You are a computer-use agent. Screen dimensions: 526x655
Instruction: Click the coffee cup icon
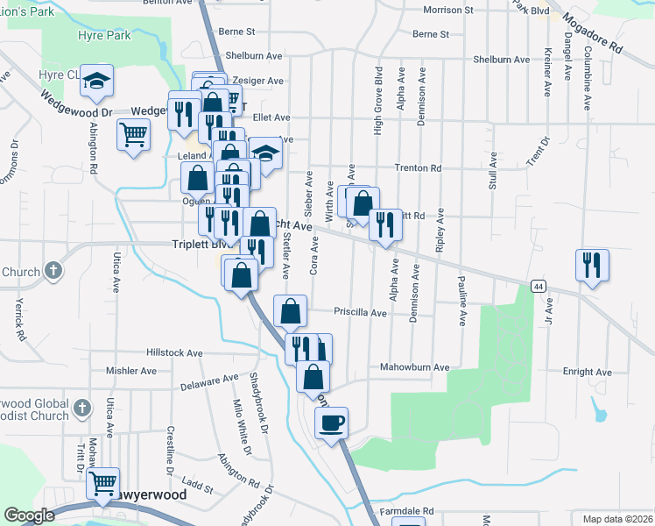coord(331,423)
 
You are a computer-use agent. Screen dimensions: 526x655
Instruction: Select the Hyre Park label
coord(103,35)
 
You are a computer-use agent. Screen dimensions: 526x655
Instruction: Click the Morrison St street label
coord(447,10)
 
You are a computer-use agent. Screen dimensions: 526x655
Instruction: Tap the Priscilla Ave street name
coord(359,312)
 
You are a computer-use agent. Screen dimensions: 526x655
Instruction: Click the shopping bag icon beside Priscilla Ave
coord(290,310)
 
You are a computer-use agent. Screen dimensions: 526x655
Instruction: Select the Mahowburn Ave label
coord(414,367)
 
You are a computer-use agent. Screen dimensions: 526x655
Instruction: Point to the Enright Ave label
coord(586,372)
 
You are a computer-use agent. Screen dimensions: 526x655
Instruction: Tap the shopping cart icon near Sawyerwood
coord(103,480)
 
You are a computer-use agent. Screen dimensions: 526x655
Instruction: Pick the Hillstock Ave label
coord(174,352)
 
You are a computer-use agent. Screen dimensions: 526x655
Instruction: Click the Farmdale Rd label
coord(405,510)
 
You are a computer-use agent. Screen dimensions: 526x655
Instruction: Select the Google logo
coord(28,515)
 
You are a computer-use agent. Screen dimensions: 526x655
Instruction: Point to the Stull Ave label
coord(493,170)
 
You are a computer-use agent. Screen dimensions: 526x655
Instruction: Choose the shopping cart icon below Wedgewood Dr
coord(133,135)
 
